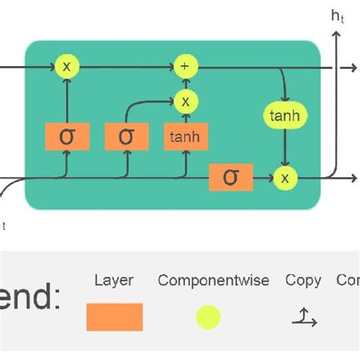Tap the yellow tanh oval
285,116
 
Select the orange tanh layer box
185,137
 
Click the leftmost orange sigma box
67,137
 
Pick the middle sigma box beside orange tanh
126,137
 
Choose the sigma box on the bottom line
231,177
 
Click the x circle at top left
67,67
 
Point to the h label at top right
336,15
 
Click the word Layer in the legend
113,280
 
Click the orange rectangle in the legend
114,317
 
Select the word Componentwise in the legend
213,280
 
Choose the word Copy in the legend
303,280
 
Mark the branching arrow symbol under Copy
304,317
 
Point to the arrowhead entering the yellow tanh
285,103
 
